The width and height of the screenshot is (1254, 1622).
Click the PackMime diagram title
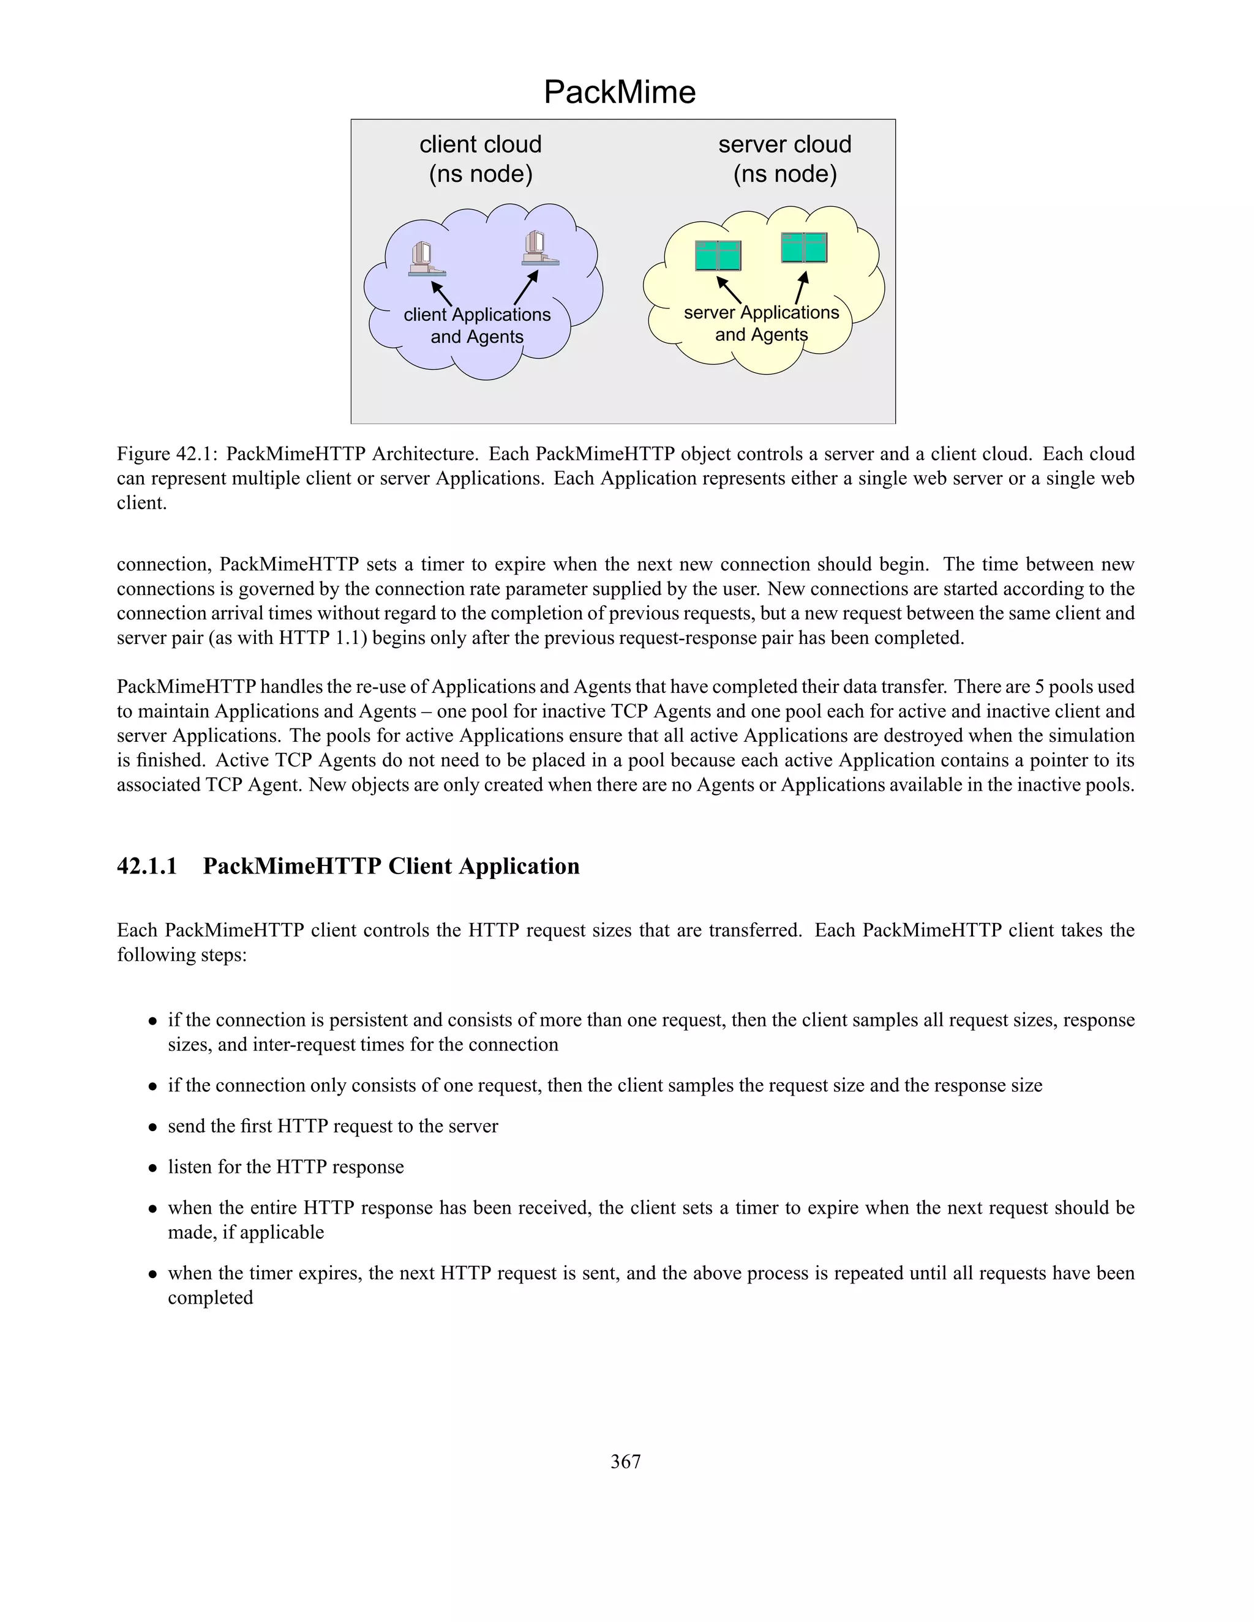click(x=620, y=92)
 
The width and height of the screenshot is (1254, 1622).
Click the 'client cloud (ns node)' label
click(x=481, y=159)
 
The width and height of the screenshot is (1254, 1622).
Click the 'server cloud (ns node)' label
click(x=784, y=159)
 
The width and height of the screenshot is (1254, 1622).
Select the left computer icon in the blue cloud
click(x=426, y=259)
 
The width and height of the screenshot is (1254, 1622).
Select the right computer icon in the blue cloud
click(x=540, y=248)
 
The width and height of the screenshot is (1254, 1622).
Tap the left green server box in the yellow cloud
click(x=718, y=255)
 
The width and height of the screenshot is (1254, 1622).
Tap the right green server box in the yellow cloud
click(x=804, y=247)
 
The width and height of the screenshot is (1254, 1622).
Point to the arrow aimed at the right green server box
click(x=801, y=288)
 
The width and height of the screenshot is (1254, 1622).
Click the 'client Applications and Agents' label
click(x=477, y=325)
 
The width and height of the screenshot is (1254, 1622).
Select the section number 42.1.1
click(x=147, y=866)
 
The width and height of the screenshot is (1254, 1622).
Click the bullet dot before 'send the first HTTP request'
click(x=152, y=1127)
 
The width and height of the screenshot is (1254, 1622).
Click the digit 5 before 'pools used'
click(x=1039, y=686)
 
